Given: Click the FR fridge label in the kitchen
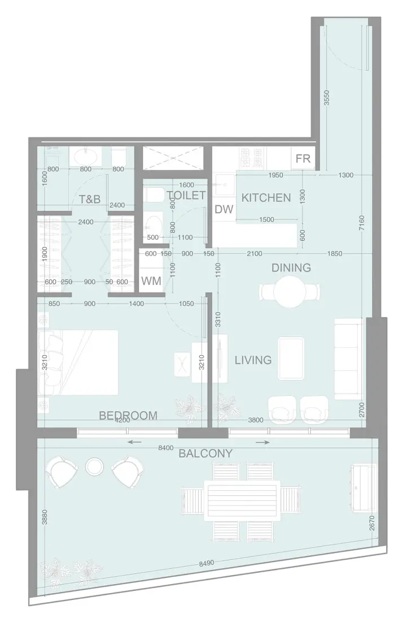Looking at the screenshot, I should pyautogui.click(x=303, y=158).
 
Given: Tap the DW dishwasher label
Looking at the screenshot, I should pyautogui.click(x=224, y=209).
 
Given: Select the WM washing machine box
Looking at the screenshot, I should pyautogui.click(x=151, y=280).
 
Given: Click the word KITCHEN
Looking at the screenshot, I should pyautogui.click(x=266, y=198).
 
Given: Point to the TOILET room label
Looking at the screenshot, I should pyautogui.click(x=186, y=196).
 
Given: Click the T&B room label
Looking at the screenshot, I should pyautogui.click(x=90, y=199).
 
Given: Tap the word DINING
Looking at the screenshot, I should pyautogui.click(x=291, y=267).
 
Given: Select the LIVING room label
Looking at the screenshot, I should pyautogui.click(x=253, y=360).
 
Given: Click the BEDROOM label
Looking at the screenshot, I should pyautogui.click(x=128, y=416).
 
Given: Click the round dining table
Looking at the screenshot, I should pyautogui.click(x=291, y=292).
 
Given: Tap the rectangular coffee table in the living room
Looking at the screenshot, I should pyautogui.click(x=291, y=358).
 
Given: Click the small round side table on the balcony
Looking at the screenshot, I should pyautogui.click(x=94, y=467).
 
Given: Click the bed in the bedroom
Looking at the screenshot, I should pyautogui.click(x=79, y=362).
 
